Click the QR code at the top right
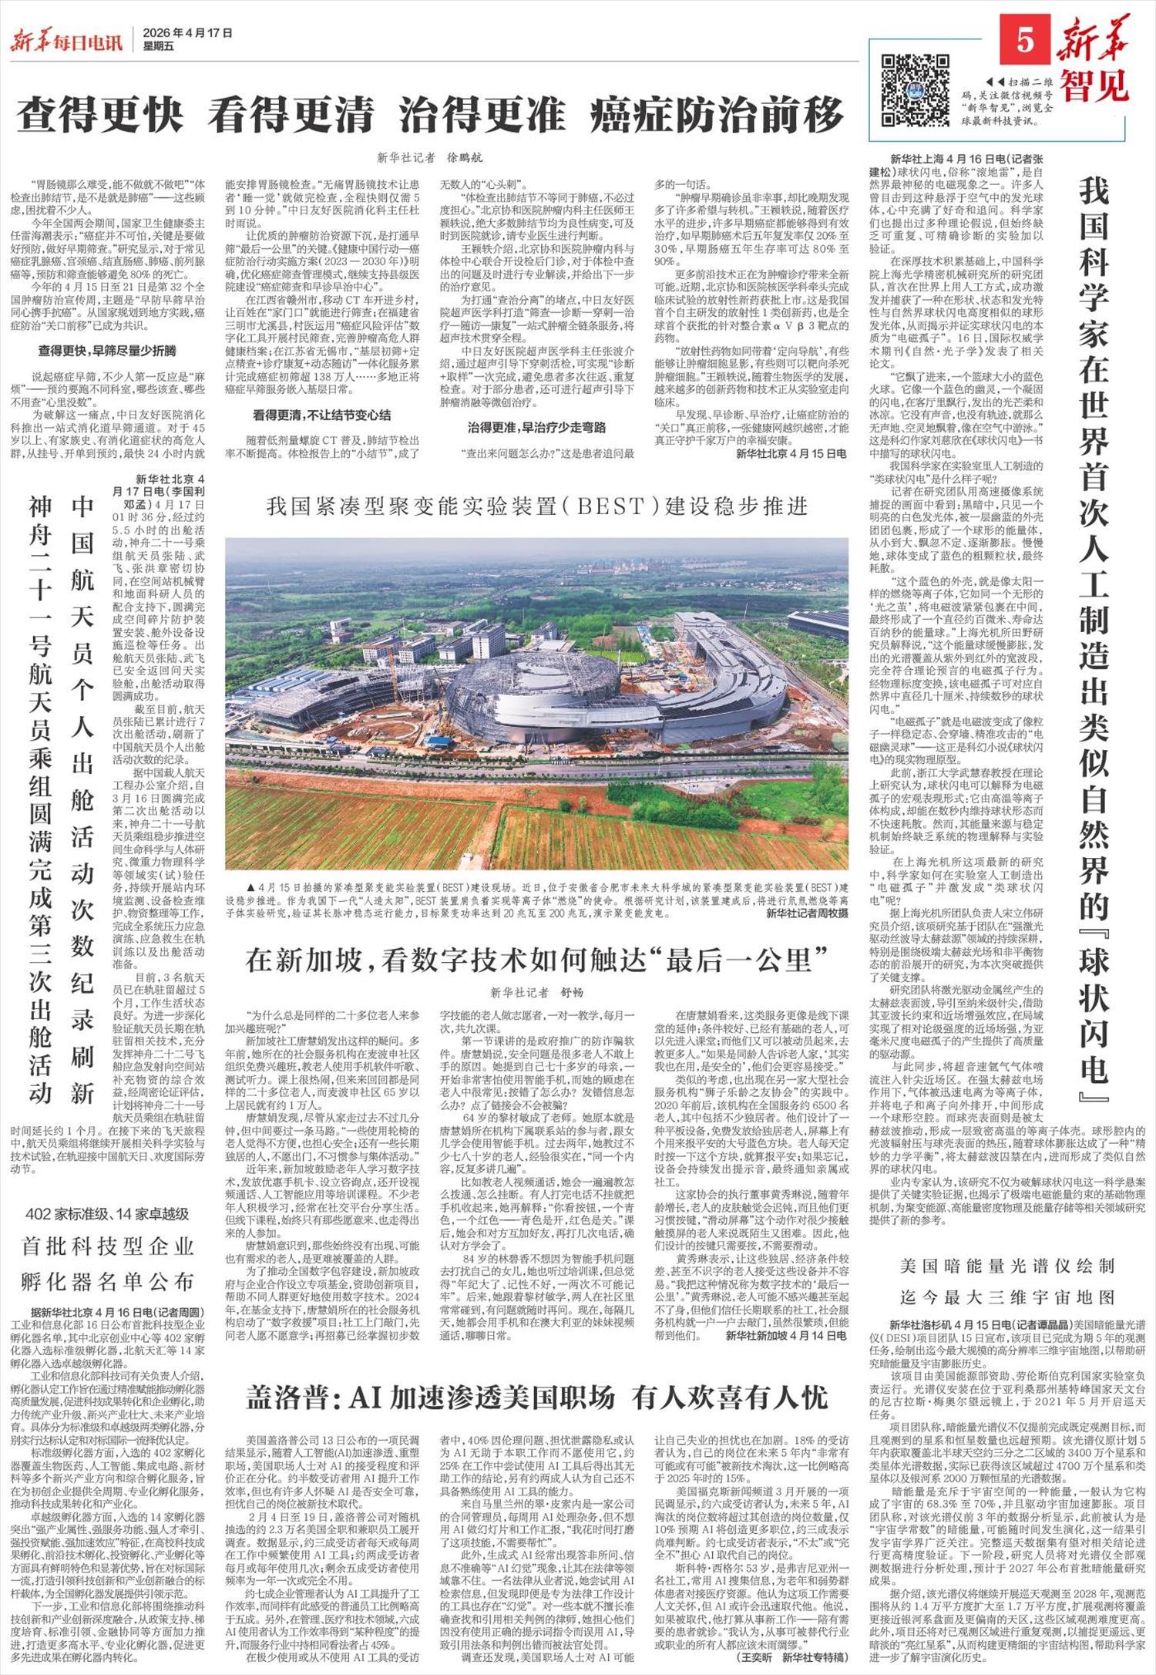point(915,89)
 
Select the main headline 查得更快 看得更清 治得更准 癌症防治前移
point(431,116)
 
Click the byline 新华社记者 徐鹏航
point(430,158)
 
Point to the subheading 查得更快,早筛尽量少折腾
point(107,351)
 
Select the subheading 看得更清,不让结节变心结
point(321,415)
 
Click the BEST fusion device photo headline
point(537,506)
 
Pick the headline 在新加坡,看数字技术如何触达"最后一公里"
point(537,960)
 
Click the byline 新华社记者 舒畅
point(538,993)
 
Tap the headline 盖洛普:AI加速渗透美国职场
point(537,1397)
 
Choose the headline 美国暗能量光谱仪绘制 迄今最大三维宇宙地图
point(1007,1280)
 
